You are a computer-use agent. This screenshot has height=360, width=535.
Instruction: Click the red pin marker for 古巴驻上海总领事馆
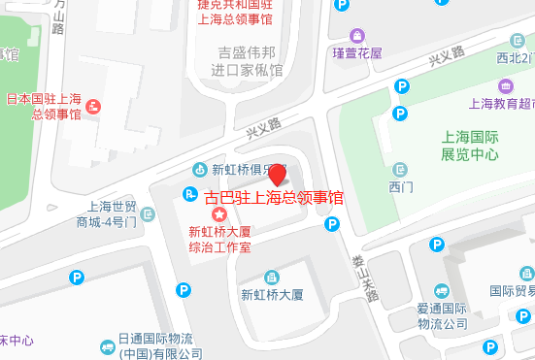point(277,176)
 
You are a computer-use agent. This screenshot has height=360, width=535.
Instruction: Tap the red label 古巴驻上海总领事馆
point(274,198)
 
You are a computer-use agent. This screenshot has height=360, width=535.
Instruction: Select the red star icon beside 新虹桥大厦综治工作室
point(219,213)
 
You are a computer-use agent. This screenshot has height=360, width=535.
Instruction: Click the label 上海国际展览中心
point(470,146)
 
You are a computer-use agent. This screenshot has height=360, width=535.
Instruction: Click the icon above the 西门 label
point(401,169)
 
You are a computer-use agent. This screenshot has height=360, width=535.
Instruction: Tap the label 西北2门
point(515,57)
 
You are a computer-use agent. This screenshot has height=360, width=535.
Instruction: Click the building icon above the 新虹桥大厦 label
point(272,274)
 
